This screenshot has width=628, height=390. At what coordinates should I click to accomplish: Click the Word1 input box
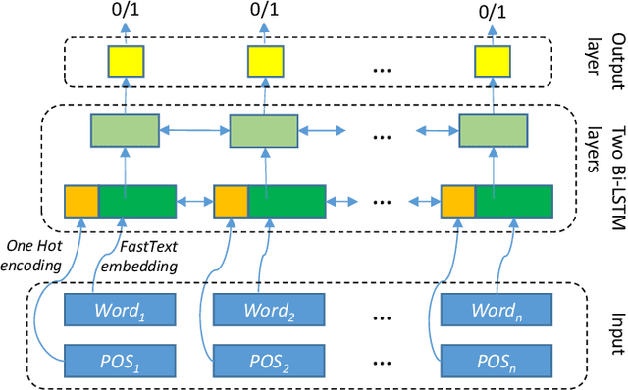(122, 311)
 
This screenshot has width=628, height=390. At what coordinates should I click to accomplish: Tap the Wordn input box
(497, 311)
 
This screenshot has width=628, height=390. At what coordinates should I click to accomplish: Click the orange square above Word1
(80, 200)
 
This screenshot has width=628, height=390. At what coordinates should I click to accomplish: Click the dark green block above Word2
(286, 200)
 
